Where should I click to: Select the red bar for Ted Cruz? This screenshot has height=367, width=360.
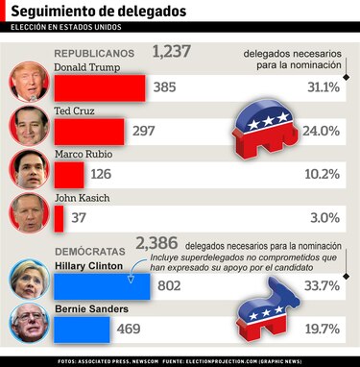point(89,131)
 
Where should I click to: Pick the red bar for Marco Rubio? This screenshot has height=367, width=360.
point(70,174)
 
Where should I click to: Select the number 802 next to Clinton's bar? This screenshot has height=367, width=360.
point(169,285)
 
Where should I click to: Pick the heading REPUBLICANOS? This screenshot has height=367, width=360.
point(95,55)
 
